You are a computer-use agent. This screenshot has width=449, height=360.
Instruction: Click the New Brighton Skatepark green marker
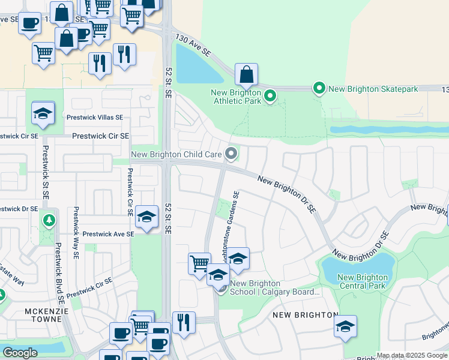click(x=319, y=89)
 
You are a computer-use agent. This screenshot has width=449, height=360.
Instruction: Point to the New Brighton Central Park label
click(x=362, y=281)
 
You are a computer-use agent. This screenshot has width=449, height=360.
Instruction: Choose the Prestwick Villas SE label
click(x=95, y=118)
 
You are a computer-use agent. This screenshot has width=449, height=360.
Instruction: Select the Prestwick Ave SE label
click(x=108, y=233)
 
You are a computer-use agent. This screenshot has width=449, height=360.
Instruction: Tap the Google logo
click(x=20, y=353)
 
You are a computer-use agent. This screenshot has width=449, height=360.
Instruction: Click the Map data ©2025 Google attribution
click(x=412, y=355)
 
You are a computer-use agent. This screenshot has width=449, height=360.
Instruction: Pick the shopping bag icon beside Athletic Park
click(x=246, y=75)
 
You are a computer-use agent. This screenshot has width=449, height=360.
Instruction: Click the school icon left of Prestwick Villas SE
click(x=43, y=113)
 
